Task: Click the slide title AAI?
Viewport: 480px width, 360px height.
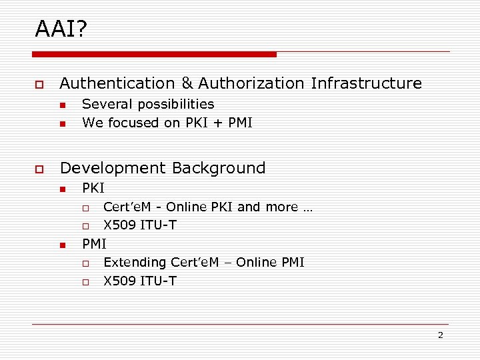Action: tap(61, 29)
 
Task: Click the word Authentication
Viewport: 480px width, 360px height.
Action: tap(117, 84)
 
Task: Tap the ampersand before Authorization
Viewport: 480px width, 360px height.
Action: tap(186, 84)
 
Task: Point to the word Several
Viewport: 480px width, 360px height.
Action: tap(102, 105)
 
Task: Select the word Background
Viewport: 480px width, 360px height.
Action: tap(223, 168)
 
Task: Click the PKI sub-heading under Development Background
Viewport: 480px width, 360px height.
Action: tap(93, 189)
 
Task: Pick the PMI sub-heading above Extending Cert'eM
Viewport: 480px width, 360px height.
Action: tap(94, 244)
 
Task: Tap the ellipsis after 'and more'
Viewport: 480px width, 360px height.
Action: tap(307, 207)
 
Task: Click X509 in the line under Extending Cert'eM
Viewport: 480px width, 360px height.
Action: tap(120, 281)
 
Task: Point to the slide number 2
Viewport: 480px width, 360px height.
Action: tap(440, 335)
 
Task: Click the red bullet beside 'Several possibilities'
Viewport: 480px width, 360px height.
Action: tap(61, 105)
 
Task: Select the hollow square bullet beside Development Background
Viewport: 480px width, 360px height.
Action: tap(39, 169)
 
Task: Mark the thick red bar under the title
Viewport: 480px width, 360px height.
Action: tap(154, 54)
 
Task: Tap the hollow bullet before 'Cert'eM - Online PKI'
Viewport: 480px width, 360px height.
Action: tap(85, 208)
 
